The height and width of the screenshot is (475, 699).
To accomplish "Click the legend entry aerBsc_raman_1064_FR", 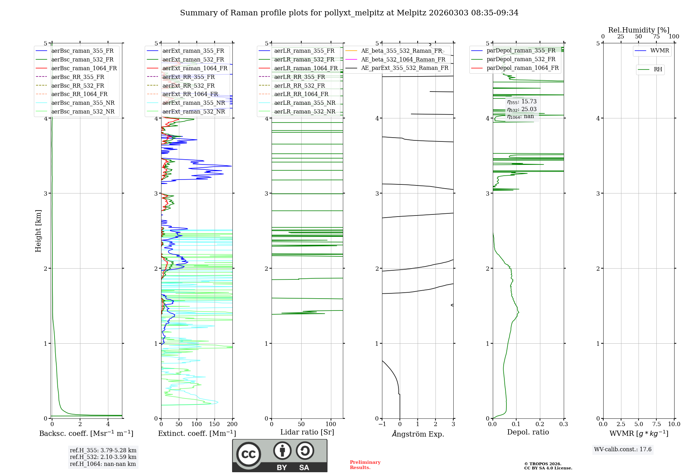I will click(84, 68).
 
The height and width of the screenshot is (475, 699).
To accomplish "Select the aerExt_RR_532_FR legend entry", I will click(188, 86).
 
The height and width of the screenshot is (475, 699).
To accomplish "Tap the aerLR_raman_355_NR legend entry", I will click(304, 103).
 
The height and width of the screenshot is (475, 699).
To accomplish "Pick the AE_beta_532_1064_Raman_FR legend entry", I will click(403, 60).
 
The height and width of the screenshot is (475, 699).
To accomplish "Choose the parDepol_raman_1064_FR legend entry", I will click(523, 68).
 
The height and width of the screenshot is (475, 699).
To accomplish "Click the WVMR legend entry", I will click(660, 51).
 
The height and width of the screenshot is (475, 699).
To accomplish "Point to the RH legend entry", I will click(658, 70).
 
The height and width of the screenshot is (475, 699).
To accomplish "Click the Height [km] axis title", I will click(38, 231).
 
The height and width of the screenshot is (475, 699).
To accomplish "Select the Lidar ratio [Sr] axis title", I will click(307, 432).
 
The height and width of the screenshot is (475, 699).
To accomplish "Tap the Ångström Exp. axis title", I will click(418, 434).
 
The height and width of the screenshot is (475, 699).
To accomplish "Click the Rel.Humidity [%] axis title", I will click(639, 30).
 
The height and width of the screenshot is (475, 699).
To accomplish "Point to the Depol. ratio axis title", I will click(528, 432).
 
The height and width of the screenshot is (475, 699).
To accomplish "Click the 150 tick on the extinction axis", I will click(214, 424).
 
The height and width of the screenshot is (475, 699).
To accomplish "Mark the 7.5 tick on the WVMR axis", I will click(656, 424).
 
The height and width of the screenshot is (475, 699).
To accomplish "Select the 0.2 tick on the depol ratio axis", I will click(540, 424).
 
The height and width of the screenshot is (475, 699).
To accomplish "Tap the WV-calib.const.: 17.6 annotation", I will click(622, 450).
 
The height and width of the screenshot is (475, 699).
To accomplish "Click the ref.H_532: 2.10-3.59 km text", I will click(103, 457).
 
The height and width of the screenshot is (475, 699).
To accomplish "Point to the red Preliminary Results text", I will click(365, 465).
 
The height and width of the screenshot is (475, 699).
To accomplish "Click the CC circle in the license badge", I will click(248, 454).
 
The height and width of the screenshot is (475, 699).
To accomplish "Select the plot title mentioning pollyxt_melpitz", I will click(349, 13).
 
